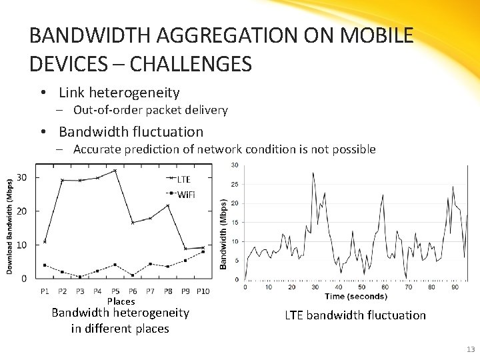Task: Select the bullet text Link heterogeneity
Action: (x=119, y=93)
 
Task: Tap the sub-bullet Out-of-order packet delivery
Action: (x=150, y=110)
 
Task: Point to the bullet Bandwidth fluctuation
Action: (x=131, y=132)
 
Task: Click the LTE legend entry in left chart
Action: (x=183, y=179)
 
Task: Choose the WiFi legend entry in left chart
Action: (x=185, y=194)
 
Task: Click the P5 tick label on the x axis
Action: (x=115, y=291)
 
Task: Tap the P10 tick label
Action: (x=203, y=291)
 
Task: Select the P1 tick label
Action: (x=45, y=291)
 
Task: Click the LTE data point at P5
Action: (x=115, y=171)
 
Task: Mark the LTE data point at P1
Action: (x=45, y=241)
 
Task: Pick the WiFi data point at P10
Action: (x=203, y=252)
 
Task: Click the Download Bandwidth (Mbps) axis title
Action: (x=10, y=225)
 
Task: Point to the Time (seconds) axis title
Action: (x=355, y=296)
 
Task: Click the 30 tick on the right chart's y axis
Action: (x=235, y=165)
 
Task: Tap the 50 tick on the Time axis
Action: (x=362, y=287)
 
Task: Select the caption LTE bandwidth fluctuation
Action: (x=355, y=315)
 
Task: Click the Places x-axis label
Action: (x=121, y=301)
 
